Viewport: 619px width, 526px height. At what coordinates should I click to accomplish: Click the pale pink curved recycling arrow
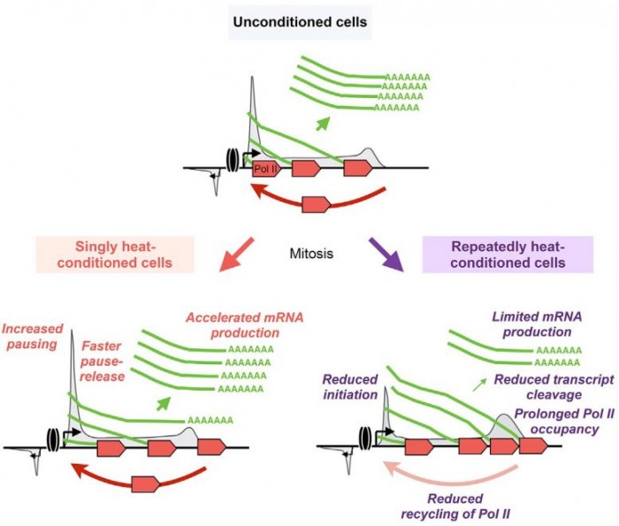(442, 473)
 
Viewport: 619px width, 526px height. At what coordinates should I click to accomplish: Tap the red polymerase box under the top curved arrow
(317, 205)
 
